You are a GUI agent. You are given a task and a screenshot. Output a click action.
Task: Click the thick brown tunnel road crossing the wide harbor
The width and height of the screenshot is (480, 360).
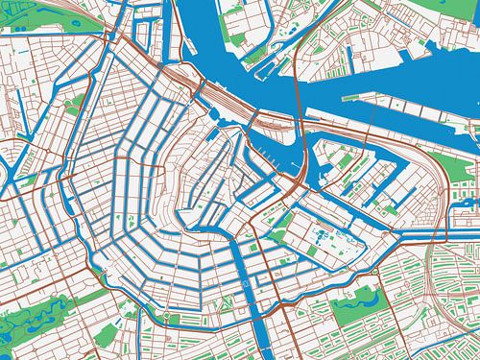[297, 106]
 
